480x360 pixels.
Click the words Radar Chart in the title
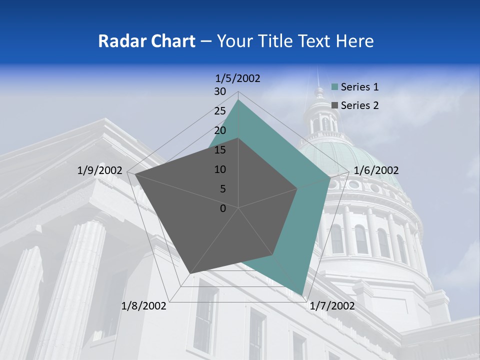pos(146,41)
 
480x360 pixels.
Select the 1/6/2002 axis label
pos(376,170)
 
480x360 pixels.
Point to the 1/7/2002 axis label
pos(332,306)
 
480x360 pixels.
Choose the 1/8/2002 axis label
pos(143,306)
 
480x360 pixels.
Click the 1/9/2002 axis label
pos(99,170)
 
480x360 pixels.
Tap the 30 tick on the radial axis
pos(220,91)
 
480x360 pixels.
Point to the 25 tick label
pos(220,111)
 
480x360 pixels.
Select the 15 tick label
pos(220,150)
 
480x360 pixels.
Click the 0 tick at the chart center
pos(223,208)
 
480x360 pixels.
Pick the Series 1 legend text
pos(359,87)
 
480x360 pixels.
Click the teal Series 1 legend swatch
pos(335,87)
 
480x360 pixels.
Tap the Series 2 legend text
pos(359,105)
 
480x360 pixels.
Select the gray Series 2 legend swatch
pos(335,105)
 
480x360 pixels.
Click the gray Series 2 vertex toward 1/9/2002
pos(135,174)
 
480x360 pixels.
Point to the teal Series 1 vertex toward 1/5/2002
pos(238,100)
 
